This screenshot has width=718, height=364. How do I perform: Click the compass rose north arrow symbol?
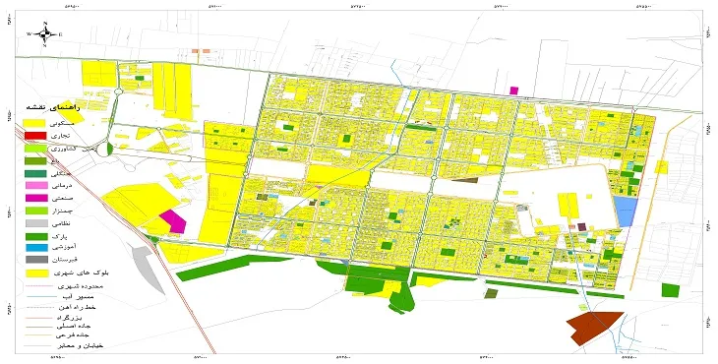tap(43, 32)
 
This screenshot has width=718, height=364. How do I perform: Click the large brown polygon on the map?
tap(596, 327)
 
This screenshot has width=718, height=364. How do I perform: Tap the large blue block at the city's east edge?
tap(625, 210)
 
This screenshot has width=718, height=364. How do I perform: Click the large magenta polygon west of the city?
tap(173, 220)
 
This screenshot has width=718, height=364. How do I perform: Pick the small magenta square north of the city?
tap(512, 91)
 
